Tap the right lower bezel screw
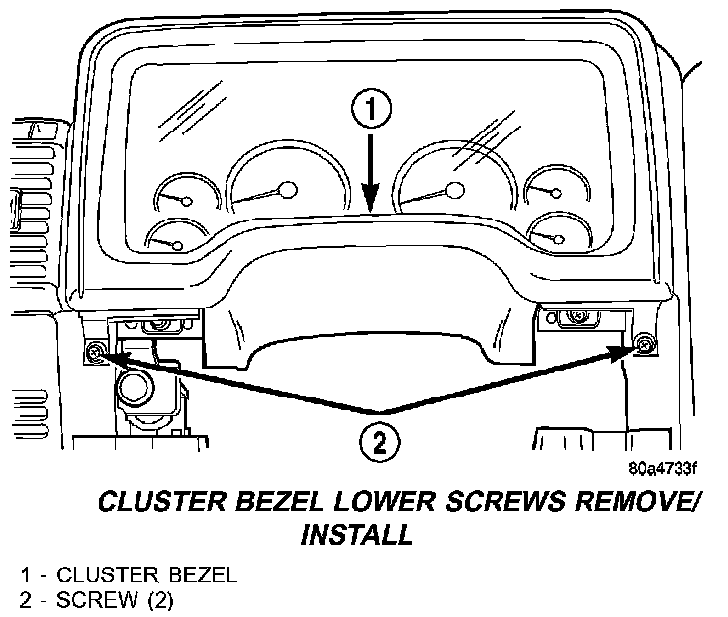[x=645, y=344]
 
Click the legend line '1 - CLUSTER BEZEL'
[x=120, y=575]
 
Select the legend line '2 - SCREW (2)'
[x=96, y=598]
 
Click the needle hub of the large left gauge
[x=288, y=188]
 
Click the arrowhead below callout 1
[x=368, y=202]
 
